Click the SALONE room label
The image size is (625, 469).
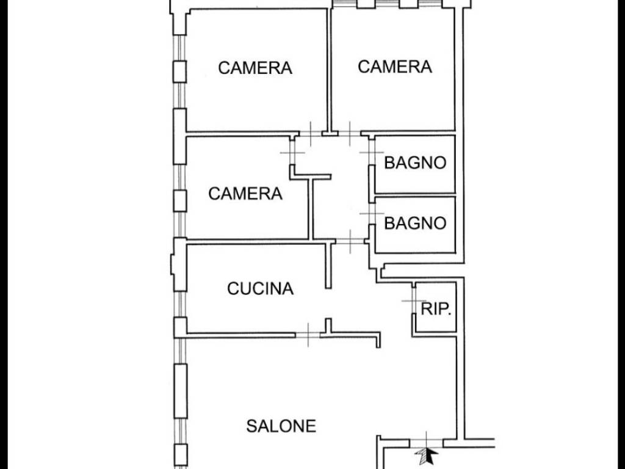(281, 426)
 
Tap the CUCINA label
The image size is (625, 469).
(260, 288)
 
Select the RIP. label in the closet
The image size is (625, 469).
(436, 308)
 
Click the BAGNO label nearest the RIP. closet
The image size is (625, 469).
(415, 223)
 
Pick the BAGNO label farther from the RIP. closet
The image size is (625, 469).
(415, 162)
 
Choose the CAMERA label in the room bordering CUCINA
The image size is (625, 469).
(245, 194)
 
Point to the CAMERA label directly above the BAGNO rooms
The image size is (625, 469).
(395, 67)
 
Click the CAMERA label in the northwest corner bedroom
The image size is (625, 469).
(255, 68)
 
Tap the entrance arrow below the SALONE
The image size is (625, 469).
(427, 455)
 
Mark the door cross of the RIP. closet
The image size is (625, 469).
(414, 300)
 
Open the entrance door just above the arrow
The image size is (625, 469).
(427, 441)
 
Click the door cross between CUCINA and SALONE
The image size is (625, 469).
(308, 335)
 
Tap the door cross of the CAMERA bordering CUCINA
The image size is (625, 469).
(292, 152)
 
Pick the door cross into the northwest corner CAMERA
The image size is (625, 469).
(311, 133)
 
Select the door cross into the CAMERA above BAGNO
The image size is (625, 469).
(350, 133)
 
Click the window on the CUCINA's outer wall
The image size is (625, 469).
(180, 304)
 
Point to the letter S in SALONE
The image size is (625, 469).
(251, 426)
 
